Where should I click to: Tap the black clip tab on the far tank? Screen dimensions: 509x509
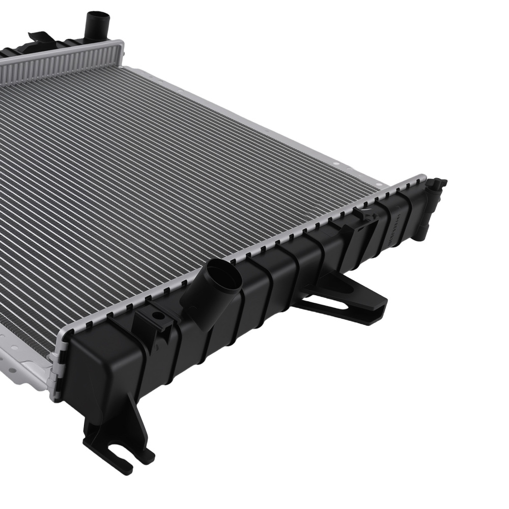(x=41, y=38)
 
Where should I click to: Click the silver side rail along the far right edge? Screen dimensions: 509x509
(x=254, y=127)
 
